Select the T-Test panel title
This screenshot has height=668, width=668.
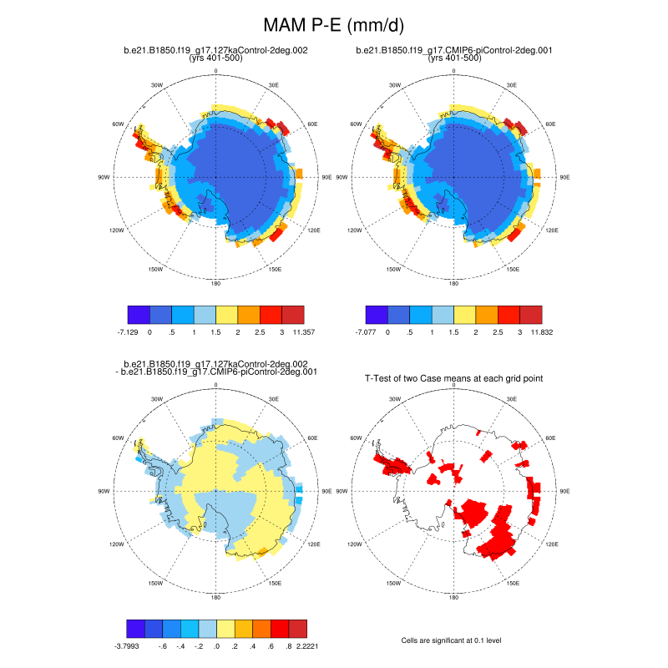pyautogui.click(x=454, y=378)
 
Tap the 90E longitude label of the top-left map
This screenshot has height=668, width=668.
pyautogui.click(x=326, y=177)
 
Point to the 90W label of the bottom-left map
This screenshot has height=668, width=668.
pyautogui.click(x=104, y=491)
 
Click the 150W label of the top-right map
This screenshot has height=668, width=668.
pyautogui.click(x=393, y=270)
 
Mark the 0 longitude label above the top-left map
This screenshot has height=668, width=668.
pyautogui.click(x=216, y=71)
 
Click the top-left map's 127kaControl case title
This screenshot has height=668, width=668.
pyautogui.click(x=216, y=50)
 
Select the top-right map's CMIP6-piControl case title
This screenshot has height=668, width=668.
pyautogui.click(x=454, y=50)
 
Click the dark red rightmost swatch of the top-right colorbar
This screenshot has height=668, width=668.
pyautogui.click(x=531, y=314)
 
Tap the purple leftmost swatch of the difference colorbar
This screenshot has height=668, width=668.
pyautogui.click(x=138, y=628)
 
